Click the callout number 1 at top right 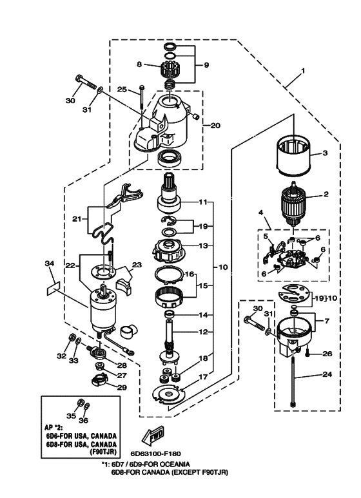(x=303, y=70)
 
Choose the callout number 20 (x=215, y=126)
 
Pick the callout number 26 (x=327, y=353)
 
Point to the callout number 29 (x=121, y=387)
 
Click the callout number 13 (x=204, y=245)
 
